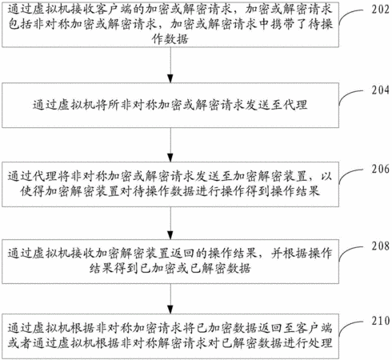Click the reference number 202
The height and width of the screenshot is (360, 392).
[380, 10]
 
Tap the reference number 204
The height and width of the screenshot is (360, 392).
[380, 90]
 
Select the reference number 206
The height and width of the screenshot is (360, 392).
[380, 169]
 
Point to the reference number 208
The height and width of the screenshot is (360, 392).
[380, 246]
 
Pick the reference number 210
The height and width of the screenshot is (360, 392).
[380, 321]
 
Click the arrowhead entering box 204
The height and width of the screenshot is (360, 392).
[170, 78]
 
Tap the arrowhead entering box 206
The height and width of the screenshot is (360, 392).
[170, 158]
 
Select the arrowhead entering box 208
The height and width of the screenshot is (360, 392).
[170, 235]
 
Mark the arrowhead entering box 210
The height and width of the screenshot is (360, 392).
[170, 310]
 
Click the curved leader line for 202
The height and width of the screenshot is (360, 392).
[346, 14]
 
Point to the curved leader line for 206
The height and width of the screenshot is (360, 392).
[346, 173]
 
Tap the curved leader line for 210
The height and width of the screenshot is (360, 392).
[346, 325]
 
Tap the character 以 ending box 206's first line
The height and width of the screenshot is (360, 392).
[326, 176]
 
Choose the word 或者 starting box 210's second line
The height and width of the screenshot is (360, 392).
[20, 343]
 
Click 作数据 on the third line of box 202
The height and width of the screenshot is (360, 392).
[170, 39]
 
